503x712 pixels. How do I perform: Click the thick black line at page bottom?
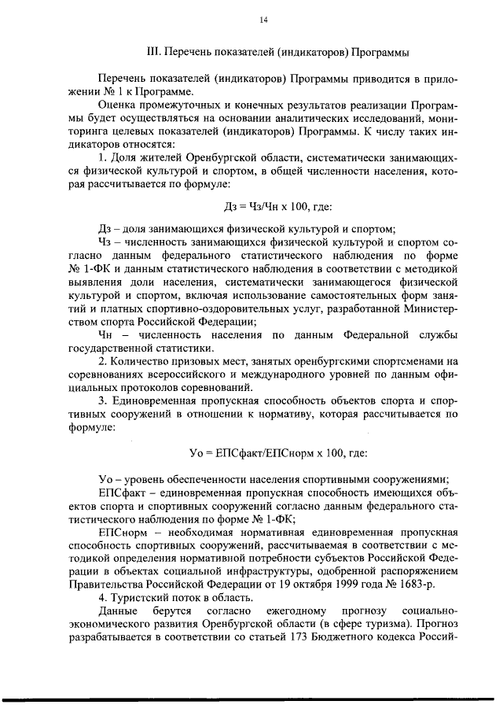click(x=251, y=697)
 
